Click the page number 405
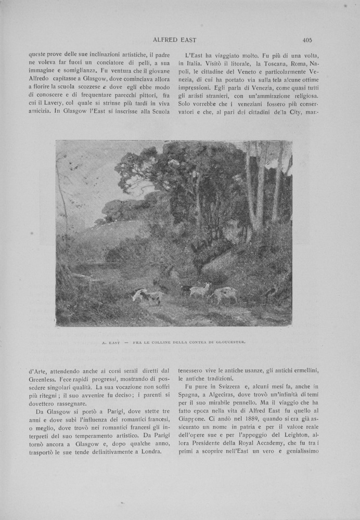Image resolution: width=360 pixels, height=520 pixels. pos(306,40)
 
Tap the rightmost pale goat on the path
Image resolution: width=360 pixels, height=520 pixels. pos(224,295)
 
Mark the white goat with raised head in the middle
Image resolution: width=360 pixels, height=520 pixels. pos(200,289)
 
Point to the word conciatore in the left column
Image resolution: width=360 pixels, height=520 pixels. pos(91,64)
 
